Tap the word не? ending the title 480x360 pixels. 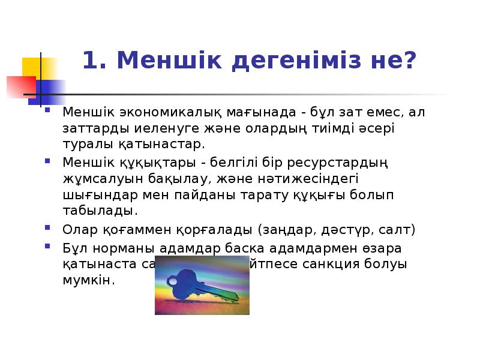tap(392, 61)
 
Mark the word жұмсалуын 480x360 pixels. tap(96, 178)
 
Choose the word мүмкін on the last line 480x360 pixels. tap(88, 281)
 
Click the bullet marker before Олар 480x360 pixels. tap(48, 229)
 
